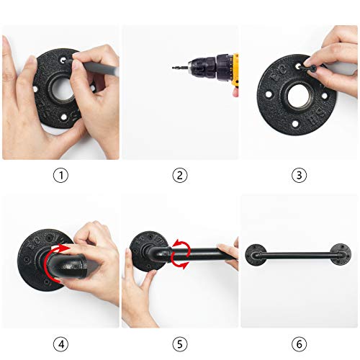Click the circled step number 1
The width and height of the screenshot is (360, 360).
coord(60,176)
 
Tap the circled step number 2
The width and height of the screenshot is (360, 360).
coord(180,176)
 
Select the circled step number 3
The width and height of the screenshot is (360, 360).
coord(299,175)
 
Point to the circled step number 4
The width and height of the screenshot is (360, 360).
coord(60,344)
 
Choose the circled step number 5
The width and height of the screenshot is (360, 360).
coord(180,344)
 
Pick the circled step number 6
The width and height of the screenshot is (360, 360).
coord(299,344)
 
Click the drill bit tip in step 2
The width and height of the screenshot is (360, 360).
coord(173,68)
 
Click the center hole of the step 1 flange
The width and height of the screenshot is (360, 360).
coord(61,88)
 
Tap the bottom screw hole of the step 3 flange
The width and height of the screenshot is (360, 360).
coord(295,124)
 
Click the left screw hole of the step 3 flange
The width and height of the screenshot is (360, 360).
coord(269,94)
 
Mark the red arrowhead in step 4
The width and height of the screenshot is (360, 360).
coord(64,248)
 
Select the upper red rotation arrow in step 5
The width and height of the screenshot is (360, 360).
coord(182,246)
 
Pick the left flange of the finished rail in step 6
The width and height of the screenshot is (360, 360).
coord(255,255)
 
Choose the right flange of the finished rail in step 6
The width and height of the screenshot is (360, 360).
coord(341,254)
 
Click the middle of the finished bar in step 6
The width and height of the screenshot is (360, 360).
coord(298,256)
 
